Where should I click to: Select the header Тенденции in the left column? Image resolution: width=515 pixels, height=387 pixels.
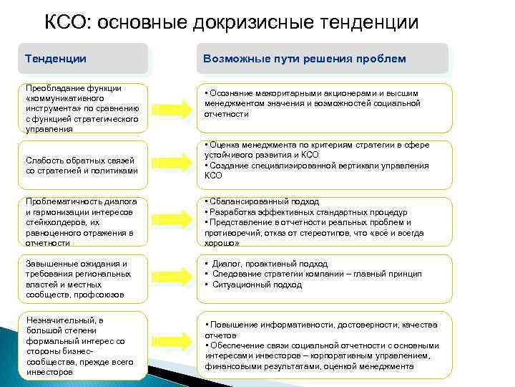(55, 59)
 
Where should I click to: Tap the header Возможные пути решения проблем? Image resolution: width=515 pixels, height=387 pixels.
(305, 59)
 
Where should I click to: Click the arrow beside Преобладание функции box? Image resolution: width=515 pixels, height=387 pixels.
(172, 108)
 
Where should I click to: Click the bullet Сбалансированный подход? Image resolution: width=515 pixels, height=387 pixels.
(264, 202)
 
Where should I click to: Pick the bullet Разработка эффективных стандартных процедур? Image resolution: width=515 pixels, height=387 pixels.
(308, 212)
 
